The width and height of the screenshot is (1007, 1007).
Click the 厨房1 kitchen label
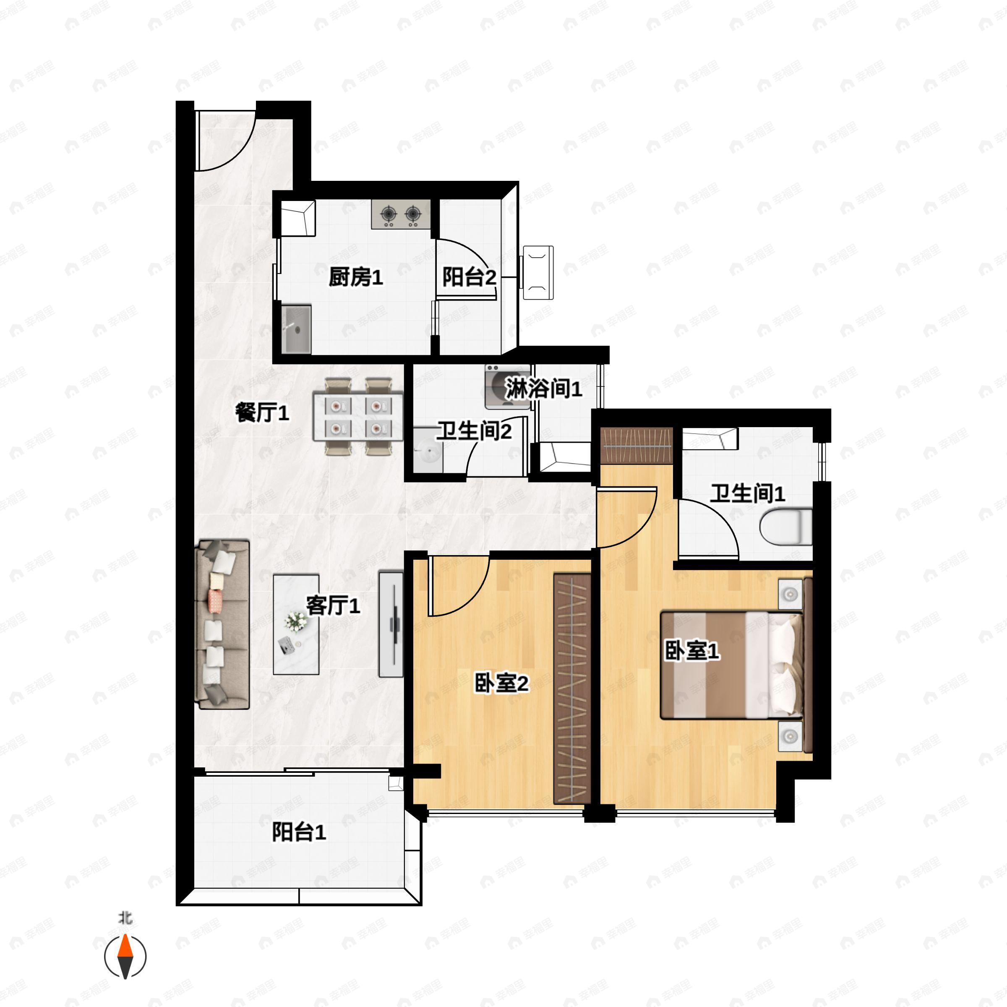355,277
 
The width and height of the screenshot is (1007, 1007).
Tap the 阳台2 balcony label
469,277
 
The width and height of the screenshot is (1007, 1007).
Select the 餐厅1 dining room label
262,413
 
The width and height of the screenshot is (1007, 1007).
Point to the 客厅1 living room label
333,605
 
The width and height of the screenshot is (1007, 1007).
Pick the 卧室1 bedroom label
691,650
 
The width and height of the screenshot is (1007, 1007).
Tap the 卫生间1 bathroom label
747,493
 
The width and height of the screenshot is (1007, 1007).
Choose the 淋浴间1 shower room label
543,388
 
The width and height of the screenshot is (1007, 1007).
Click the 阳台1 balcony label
299,832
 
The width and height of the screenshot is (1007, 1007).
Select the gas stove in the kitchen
401,214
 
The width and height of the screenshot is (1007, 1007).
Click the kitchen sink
296,329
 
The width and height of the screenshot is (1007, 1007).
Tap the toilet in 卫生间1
785,527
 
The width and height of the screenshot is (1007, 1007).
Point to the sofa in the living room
222,624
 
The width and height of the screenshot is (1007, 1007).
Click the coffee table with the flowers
296,624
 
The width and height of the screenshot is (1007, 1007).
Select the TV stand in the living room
390,624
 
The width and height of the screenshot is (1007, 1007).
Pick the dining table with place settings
357,417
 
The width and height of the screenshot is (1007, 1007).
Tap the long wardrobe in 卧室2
572,689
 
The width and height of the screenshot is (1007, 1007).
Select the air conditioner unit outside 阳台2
538,273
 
